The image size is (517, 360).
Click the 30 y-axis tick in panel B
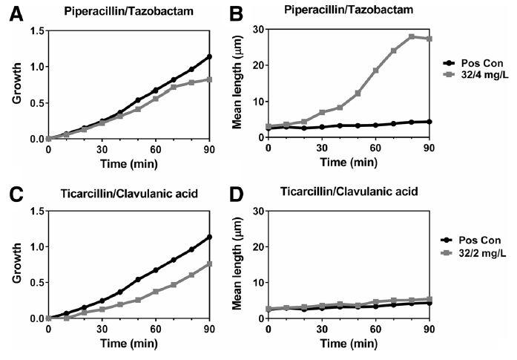[254, 30]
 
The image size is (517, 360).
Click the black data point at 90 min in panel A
[210, 56]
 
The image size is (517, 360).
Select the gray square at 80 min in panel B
[412, 36]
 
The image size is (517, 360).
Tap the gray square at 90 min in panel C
[210, 264]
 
